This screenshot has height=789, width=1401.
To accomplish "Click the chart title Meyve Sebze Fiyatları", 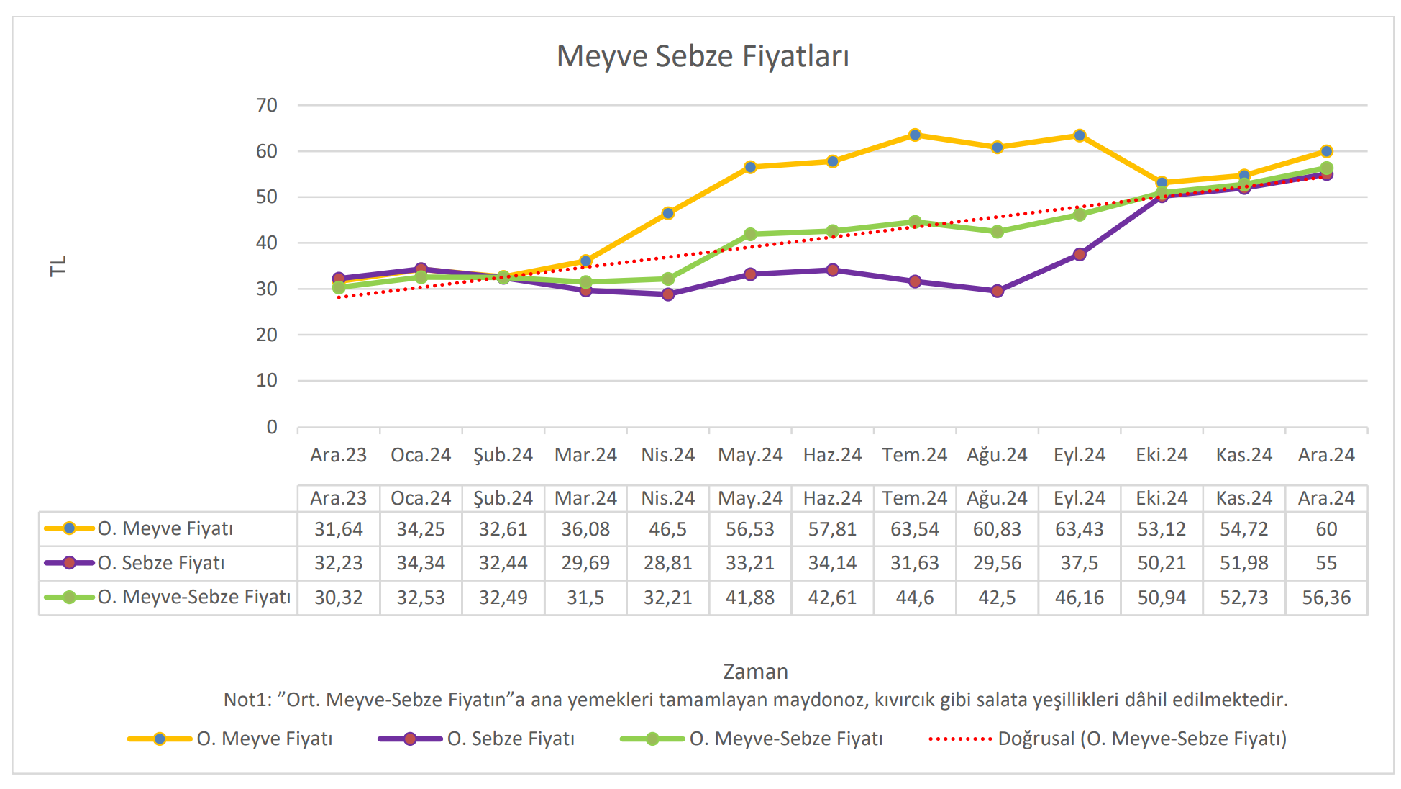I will (x=703, y=56).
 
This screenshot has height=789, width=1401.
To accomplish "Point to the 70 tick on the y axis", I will (x=267, y=106).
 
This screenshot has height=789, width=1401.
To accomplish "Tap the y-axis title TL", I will (x=58, y=266).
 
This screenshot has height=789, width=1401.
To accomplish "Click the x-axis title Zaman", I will (x=755, y=672).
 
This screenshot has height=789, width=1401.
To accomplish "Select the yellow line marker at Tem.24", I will (x=915, y=135).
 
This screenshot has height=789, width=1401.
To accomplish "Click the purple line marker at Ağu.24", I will (x=997, y=291).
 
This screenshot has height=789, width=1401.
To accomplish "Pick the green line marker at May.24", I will (x=750, y=234).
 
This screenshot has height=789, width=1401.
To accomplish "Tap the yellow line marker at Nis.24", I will (x=668, y=213).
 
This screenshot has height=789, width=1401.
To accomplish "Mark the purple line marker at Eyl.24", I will (x=1080, y=254).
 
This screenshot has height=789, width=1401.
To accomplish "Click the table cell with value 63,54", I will (x=915, y=529).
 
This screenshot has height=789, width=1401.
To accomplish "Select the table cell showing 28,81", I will (x=668, y=563).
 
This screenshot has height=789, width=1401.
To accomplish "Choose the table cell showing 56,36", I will (x=1326, y=598).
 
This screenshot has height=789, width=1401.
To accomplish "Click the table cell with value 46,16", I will (x=1080, y=598).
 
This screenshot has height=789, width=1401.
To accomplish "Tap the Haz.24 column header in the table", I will (x=832, y=498).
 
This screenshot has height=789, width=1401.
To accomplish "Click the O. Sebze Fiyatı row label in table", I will (x=161, y=563).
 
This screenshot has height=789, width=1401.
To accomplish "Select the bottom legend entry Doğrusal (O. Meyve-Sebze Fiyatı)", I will (x=1142, y=739).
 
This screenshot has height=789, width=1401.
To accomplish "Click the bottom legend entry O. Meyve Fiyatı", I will (x=265, y=739).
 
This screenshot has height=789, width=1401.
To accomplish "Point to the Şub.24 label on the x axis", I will (x=503, y=455).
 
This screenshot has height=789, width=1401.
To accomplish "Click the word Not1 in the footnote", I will (x=245, y=700).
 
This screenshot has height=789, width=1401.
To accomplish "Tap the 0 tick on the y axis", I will (x=272, y=427).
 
